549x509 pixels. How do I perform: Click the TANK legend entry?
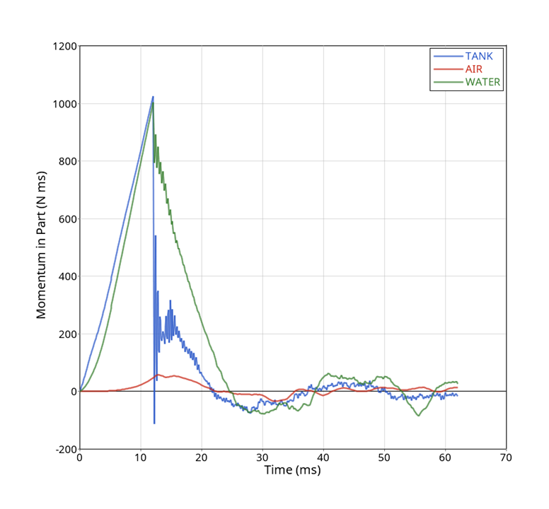pos(484,56)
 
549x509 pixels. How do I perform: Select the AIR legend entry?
pos(474,69)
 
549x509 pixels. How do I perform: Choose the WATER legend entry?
pos(482,82)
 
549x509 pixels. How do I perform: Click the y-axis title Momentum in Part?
pos(42,245)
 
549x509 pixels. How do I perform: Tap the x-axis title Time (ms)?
pos(293,470)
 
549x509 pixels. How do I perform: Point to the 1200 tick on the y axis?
pos(64,47)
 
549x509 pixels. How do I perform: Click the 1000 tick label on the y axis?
pos(64,104)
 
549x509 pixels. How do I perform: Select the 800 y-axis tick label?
pos(67,161)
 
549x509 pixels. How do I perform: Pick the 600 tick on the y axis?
pos(67,219)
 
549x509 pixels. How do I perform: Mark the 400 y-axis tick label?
pos(67,276)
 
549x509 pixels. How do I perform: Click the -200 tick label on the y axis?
pos(66,449)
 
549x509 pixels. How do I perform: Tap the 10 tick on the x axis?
pos(141,458)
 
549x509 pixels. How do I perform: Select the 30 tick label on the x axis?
pos(262,458)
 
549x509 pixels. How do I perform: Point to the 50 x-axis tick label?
pos(384,458)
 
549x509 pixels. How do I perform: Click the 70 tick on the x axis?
pos(506,458)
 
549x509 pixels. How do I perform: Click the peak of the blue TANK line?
pos(153,97)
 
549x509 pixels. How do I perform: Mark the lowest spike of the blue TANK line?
pos(154,423)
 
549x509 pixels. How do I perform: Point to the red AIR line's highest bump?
pos(158,375)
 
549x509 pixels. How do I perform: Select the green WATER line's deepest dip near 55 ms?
pos(418,416)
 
